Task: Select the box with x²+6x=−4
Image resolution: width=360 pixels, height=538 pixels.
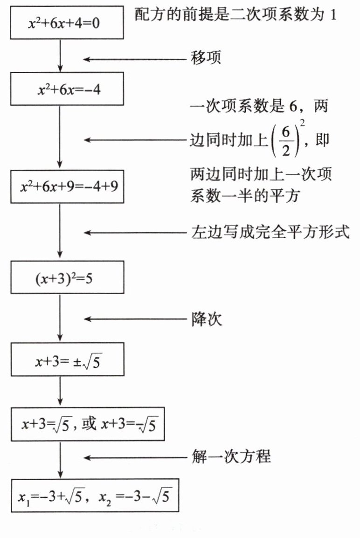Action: (x=67, y=89)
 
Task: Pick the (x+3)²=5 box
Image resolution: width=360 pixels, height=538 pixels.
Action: (x=67, y=278)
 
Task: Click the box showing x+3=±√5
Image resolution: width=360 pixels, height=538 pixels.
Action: (x=67, y=359)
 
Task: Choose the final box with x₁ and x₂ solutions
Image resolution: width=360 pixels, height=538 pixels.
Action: (x=95, y=496)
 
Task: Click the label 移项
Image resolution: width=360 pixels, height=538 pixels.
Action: (x=206, y=58)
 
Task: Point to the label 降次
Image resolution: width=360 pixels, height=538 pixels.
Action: (x=206, y=319)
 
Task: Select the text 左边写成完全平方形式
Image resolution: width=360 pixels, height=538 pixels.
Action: (x=270, y=232)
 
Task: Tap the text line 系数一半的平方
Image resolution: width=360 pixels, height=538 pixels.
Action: (x=244, y=196)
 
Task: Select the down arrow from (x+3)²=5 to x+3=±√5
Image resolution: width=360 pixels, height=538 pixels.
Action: (x=60, y=317)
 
